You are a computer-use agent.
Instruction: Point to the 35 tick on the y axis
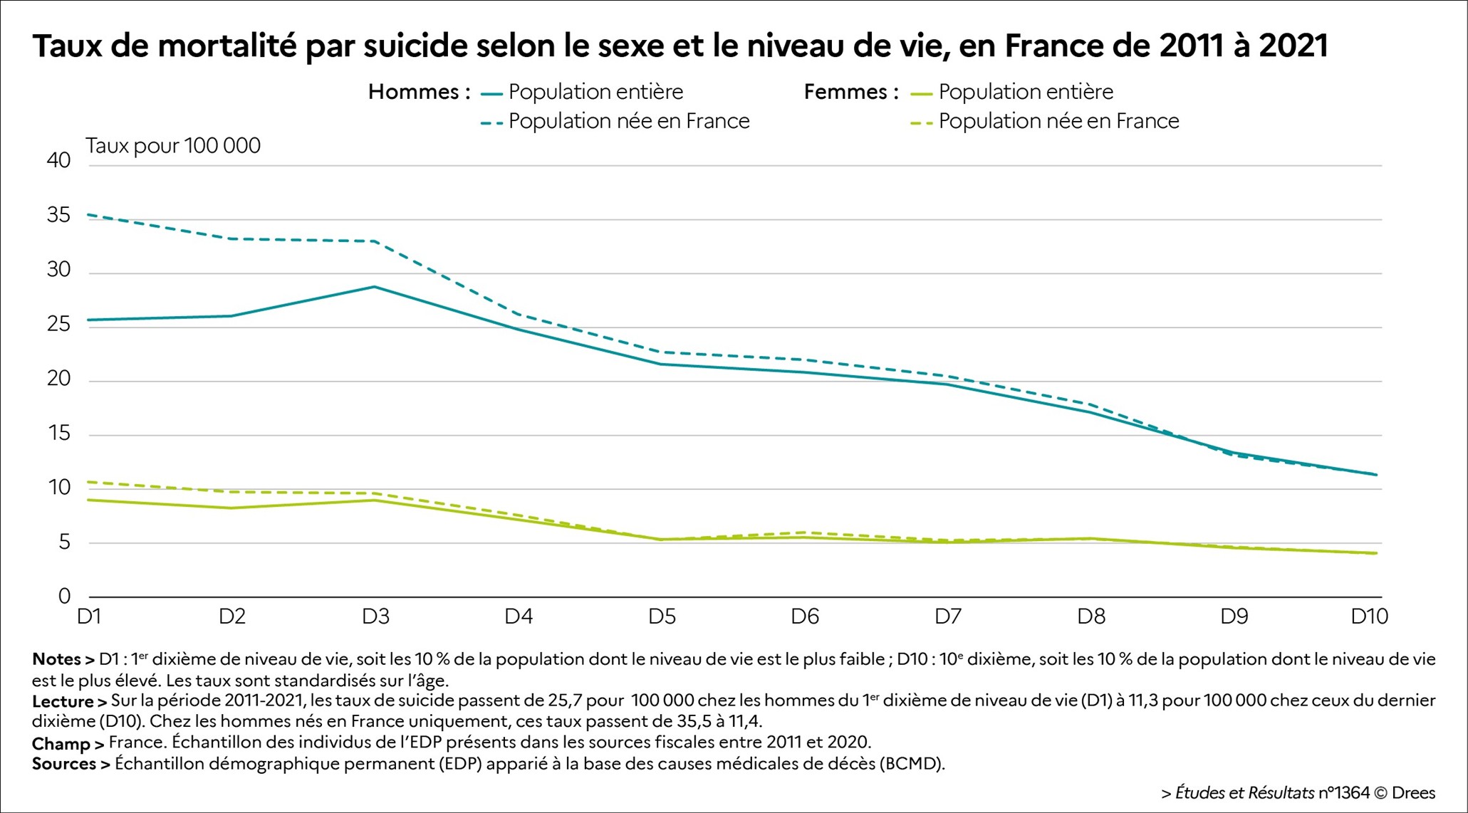tap(59, 215)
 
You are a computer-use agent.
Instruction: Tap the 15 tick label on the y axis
tap(59, 433)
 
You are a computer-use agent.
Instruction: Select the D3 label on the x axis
tap(375, 617)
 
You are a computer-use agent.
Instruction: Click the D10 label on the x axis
tap(1369, 617)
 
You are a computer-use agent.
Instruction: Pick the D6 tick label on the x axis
tap(805, 617)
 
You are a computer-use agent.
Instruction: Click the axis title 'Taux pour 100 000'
tap(173, 146)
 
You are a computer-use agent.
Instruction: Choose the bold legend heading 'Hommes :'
tap(419, 92)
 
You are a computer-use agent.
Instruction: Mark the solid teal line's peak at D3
tap(375, 287)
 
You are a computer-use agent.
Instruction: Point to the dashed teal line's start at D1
tap(89, 214)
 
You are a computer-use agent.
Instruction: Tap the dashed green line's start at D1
tap(89, 482)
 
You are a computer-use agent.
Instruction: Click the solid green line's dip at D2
tap(232, 508)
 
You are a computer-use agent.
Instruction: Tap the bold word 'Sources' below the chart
tap(64, 764)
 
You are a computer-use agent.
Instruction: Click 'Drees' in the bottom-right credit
tap(1413, 792)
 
